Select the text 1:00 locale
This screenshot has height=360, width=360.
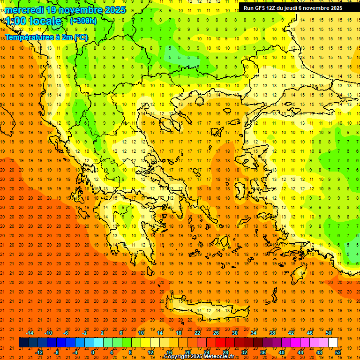click(x=33, y=21)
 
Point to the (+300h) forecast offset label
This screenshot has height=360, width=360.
click(x=83, y=21)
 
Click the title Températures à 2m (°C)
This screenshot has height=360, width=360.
click(x=46, y=37)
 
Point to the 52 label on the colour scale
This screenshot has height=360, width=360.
click(x=338, y=352)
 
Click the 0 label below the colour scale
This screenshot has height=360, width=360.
click(x=93, y=352)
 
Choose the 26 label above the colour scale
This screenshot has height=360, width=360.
click(x=216, y=332)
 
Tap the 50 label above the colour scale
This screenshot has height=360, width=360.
click(x=328, y=332)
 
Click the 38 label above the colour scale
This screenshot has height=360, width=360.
click(x=272, y=332)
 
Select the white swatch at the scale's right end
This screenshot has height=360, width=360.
click(x=333, y=342)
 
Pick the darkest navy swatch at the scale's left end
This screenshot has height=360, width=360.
click(x=23, y=342)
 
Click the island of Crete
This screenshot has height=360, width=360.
click(x=206, y=309)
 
